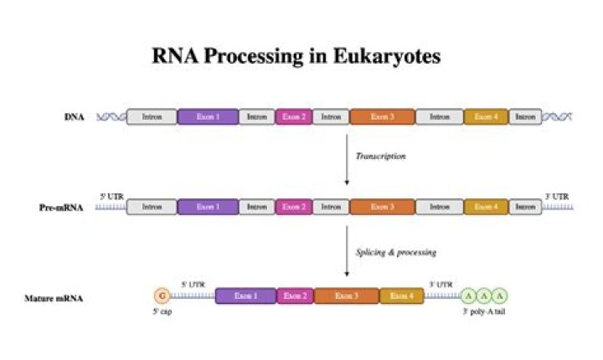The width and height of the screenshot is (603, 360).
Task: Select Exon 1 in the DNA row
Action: click(208, 116)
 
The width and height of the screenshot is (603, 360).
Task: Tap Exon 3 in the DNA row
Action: click(381, 116)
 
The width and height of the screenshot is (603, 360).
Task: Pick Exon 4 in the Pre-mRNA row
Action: click(486, 206)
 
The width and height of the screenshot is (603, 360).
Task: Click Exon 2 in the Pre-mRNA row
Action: click(292, 206)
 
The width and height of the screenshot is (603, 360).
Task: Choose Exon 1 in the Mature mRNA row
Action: click(245, 296)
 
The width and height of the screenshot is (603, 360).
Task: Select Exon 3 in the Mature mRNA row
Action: click(346, 296)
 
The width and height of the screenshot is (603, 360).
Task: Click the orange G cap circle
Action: click(162, 296)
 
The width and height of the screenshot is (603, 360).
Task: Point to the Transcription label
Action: click(380, 157)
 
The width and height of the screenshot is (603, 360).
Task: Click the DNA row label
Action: click(74, 117)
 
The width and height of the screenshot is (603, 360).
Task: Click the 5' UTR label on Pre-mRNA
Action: click(110, 194)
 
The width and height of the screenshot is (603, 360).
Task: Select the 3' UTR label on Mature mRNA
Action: click(441, 284)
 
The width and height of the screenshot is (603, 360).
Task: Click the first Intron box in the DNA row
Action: click(152, 116)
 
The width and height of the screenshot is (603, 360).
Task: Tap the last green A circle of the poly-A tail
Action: click(500, 296)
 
